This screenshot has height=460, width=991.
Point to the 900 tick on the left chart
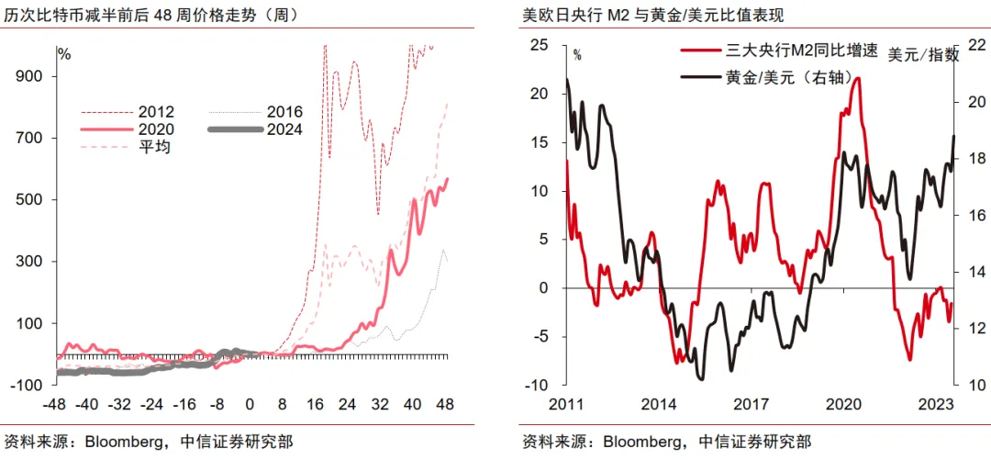(x=29, y=76)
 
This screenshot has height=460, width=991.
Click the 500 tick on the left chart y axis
(x=29, y=200)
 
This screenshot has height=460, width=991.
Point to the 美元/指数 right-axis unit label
(x=923, y=55)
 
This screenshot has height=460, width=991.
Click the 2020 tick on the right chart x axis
(x=843, y=403)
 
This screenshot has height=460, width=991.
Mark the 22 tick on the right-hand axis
(x=975, y=45)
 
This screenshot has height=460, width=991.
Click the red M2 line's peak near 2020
(x=857, y=78)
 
